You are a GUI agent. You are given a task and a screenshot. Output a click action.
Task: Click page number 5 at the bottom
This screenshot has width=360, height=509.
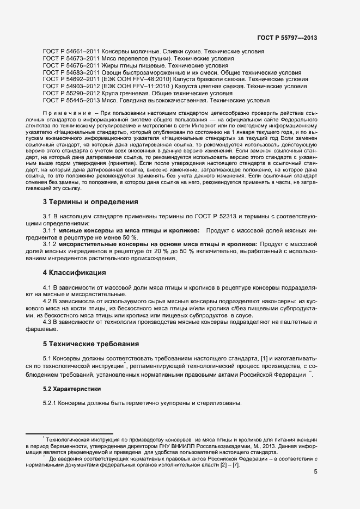click(315, 471)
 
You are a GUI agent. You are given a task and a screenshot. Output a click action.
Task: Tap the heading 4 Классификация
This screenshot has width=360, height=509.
click(74, 272)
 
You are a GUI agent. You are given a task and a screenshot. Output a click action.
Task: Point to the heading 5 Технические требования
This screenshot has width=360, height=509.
click(90, 344)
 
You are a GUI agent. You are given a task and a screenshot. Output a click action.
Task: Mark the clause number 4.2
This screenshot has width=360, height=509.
click(48, 301)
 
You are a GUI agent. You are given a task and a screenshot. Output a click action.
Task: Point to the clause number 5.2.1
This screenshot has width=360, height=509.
click(51, 403)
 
